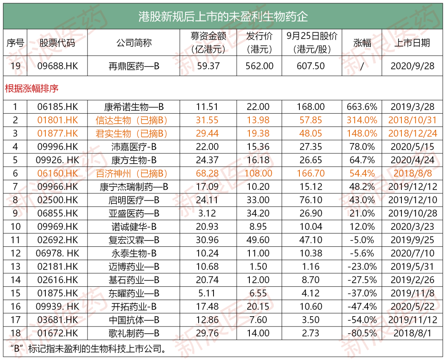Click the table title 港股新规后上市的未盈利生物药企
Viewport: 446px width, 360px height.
[x=223, y=17]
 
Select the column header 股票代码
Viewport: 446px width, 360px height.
[x=57, y=43]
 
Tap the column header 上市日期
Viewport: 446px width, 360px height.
[x=412, y=43]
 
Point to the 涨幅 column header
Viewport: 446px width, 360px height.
[x=362, y=43]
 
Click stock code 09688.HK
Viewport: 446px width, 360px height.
[x=57, y=66]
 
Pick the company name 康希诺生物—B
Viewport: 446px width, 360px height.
[x=134, y=107]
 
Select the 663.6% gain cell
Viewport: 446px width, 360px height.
[x=362, y=107]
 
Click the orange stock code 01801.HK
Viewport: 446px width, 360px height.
[x=57, y=120]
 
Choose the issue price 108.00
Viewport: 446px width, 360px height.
[x=259, y=173]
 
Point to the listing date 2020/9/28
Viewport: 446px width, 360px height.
[x=412, y=66]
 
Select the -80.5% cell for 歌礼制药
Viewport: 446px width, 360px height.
[x=362, y=333]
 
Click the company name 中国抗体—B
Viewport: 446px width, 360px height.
[x=134, y=320]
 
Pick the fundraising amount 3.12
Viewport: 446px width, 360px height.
[x=208, y=213]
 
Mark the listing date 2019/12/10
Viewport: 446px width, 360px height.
[x=412, y=200]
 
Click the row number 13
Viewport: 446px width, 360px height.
[x=15, y=267]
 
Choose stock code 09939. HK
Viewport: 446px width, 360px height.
[x=57, y=307]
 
